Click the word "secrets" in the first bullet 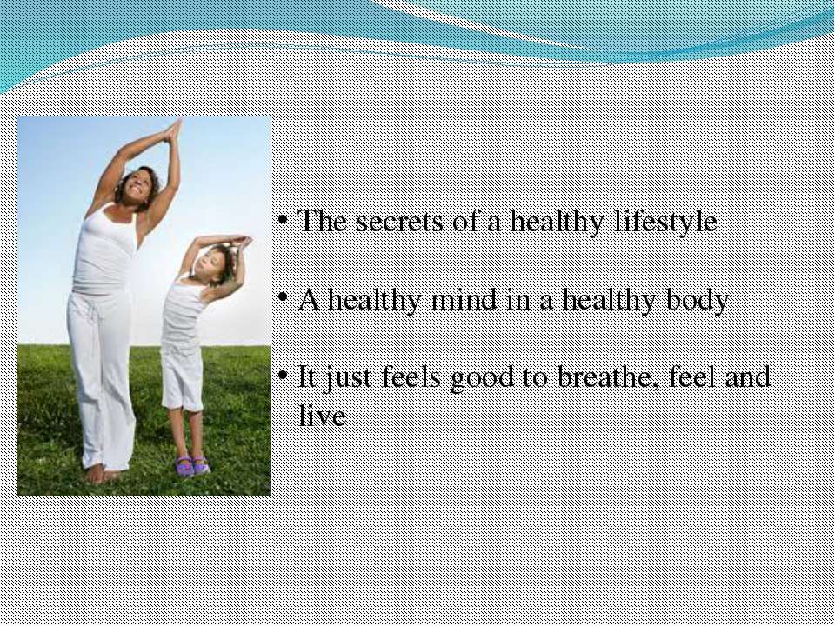pos(399,221)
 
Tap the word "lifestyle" pos(665,222)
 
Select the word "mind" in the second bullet pos(464,300)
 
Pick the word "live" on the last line pos(322,416)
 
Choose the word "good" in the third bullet pos(483,379)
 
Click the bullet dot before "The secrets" pos(285,220)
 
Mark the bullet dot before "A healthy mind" pos(285,299)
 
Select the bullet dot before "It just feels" pos(285,376)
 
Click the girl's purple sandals pos(193,466)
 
